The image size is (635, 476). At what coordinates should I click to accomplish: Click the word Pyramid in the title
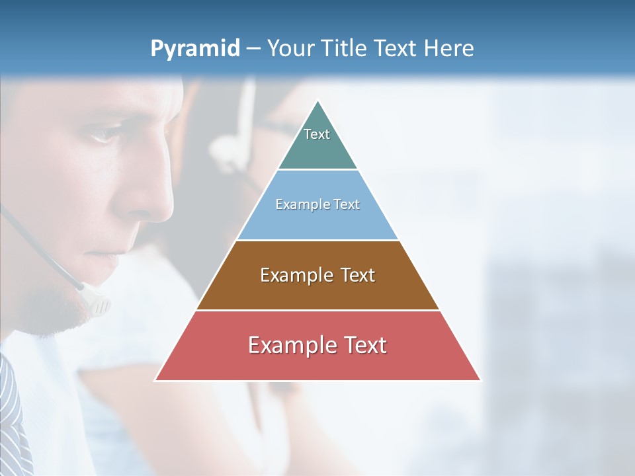coord(194,49)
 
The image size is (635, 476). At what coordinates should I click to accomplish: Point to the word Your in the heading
coord(290,49)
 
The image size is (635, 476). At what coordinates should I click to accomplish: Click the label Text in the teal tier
coord(317,134)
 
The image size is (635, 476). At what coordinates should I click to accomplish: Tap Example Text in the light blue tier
coord(317,204)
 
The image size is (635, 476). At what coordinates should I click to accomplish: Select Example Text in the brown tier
coord(317,275)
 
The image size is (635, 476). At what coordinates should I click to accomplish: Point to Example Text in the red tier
coord(317,345)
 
